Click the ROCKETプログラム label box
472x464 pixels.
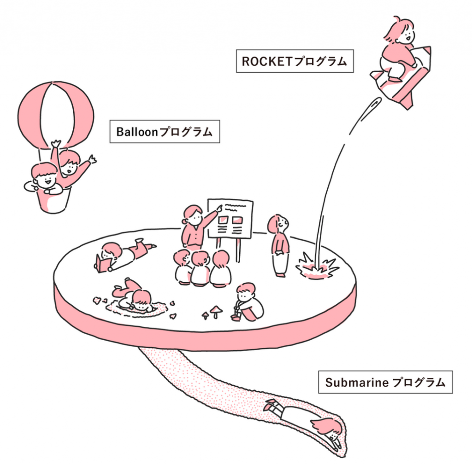[295, 61]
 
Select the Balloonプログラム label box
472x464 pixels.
[164, 132]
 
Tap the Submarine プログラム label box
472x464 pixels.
[385, 382]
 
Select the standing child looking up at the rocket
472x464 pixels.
[280, 246]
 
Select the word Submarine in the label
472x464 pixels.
[356, 383]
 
